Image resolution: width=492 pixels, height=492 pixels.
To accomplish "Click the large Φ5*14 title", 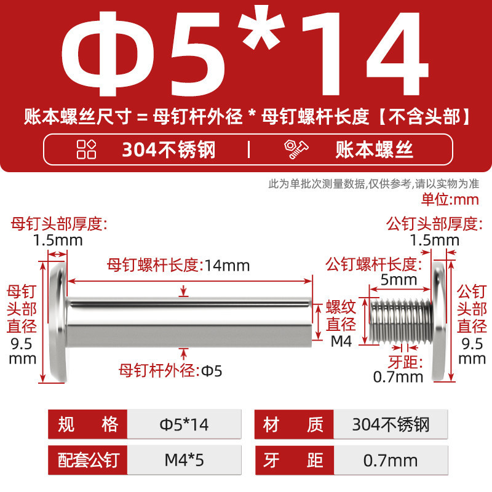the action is (x=245, y=54).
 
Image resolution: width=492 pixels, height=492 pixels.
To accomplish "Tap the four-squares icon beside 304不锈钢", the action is (x=86, y=149).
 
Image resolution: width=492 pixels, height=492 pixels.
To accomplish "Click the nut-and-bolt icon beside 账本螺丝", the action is (x=296, y=149).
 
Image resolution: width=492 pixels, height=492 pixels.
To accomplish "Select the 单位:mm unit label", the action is (x=450, y=199).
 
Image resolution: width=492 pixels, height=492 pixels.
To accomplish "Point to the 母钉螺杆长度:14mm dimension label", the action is (x=178, y=266).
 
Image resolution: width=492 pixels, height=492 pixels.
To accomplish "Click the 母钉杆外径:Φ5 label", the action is (x=170, y=371).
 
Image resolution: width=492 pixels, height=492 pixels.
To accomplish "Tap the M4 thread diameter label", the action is (x=341, y=341).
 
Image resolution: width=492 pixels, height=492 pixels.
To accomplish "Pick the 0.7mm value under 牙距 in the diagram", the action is (x=398, y=377).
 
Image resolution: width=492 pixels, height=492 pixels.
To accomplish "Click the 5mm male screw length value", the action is (x=399, y=280).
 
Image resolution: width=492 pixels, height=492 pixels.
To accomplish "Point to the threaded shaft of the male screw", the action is (x=401, y=320).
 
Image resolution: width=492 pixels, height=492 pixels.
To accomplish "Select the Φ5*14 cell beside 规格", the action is (x=184, y=424).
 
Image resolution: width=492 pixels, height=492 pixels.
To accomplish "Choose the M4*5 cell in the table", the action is (x=184, y=460).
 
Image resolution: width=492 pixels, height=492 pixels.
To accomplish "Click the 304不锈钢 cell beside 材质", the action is (x=391, y=424).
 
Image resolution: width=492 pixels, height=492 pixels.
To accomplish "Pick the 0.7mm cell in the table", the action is (x=391, y=460).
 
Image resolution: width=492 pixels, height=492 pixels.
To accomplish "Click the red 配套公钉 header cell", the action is (x=87, y=460).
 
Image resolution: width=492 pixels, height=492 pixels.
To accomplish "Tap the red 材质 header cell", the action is (x=294, y=424).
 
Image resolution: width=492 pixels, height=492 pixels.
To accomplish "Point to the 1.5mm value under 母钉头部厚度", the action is (x=58, y=240).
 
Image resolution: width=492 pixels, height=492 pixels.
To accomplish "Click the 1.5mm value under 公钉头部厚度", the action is (x=435, y=240).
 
